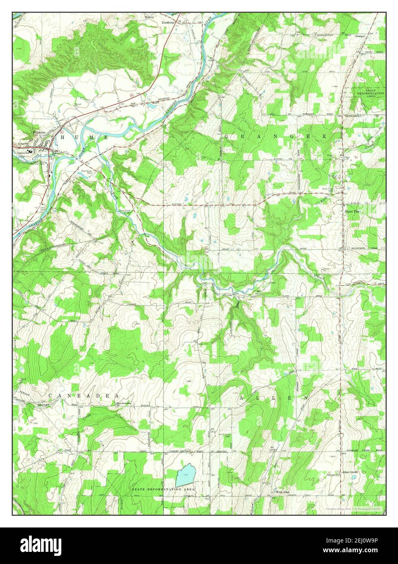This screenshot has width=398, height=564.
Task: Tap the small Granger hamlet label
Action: point(360,36)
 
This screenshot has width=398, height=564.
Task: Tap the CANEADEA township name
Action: point(84,395)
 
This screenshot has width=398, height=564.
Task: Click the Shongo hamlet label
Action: point(43,405)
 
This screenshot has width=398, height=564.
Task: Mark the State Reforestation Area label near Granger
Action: point(370,93)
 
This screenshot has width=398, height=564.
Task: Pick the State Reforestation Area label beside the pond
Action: point(163,490)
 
